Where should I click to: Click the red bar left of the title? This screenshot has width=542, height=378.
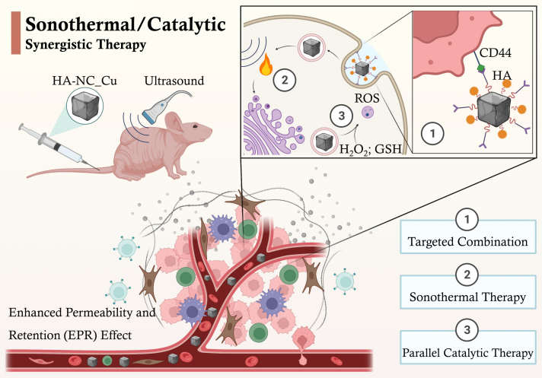tap(11, 32)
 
